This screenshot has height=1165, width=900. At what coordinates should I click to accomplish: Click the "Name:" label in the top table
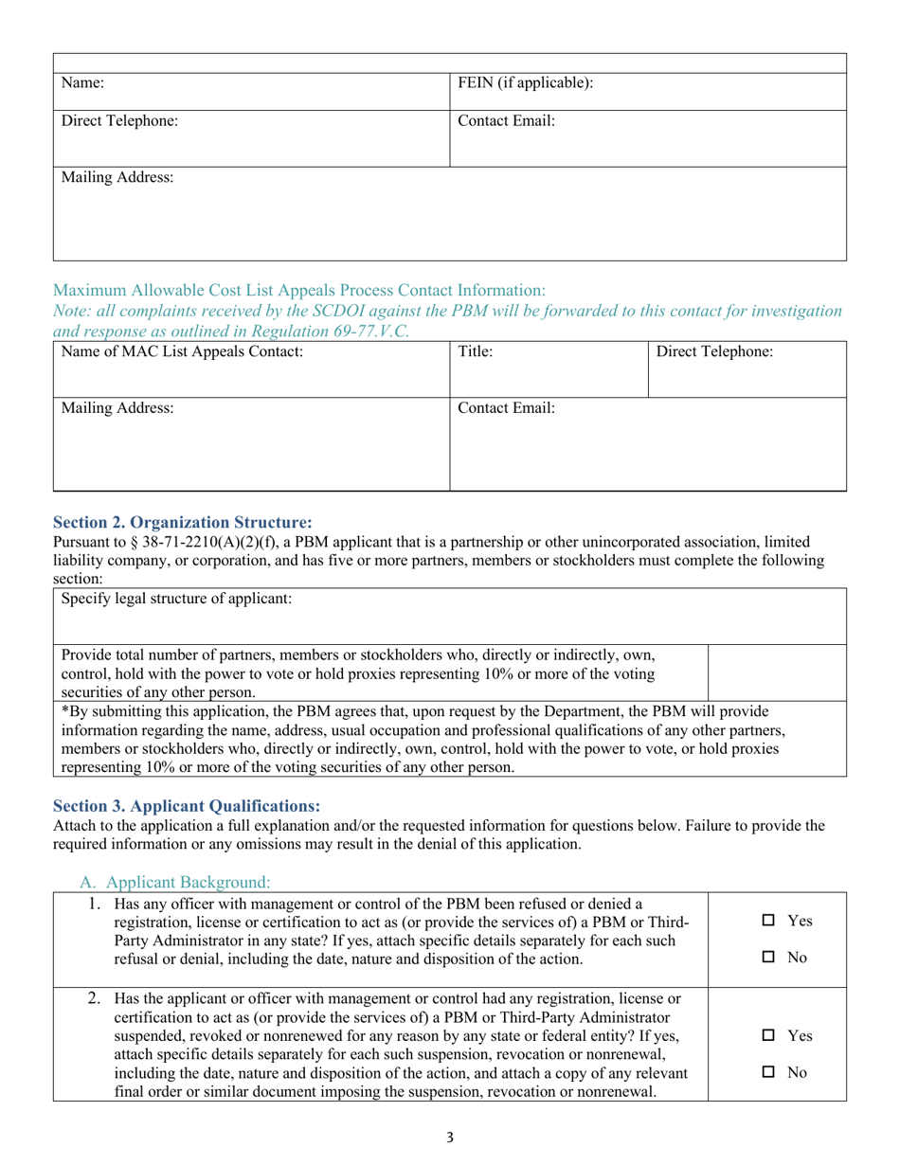[81, 83]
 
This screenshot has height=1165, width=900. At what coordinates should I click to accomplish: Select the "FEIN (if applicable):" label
[526, 83]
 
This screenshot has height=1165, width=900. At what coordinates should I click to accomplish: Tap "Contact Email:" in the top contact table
[506, 121]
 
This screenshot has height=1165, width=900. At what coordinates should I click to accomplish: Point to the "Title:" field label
[476, 351]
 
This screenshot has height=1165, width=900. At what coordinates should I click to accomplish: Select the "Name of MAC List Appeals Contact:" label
[182, 351]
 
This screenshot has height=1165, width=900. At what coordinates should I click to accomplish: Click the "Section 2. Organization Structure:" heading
[182, 522]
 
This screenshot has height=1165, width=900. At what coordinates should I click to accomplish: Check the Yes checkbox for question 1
[769, 921]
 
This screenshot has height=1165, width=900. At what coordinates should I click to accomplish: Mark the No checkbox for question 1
[769, 959]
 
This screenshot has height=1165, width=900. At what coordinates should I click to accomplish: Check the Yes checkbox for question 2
[769, 1036]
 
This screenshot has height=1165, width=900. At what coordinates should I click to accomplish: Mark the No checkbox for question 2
[769, 1074]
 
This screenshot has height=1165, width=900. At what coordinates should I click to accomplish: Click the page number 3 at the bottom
[450, 1138]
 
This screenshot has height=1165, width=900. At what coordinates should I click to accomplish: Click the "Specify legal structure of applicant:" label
[177, 599]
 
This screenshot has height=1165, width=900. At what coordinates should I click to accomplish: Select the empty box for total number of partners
[777, 672]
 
